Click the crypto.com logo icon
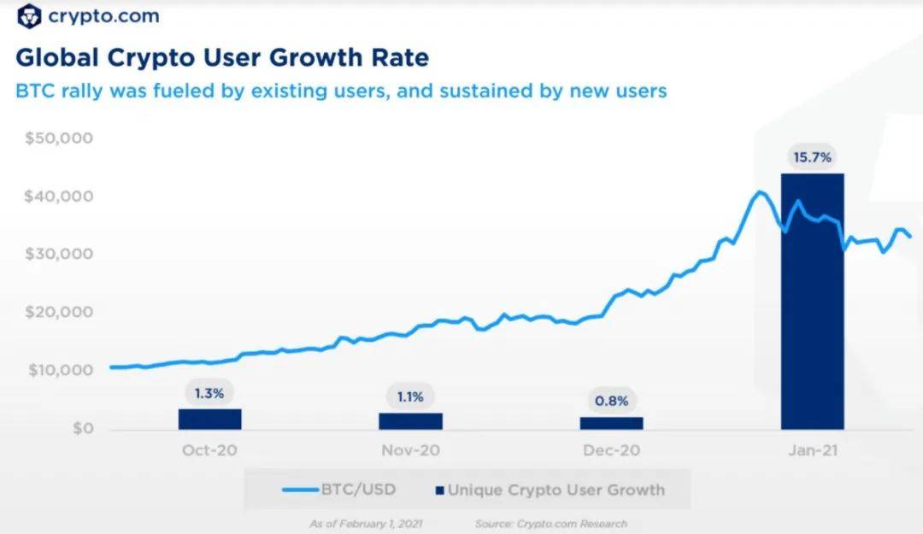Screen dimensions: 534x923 [x=29, y=16]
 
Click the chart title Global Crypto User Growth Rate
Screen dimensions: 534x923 [x=222, y=58]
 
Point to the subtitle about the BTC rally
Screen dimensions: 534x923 [x=341, y=91]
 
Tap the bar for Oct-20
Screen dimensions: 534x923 [x=209, y=419]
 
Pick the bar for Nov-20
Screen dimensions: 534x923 [x=410, y=420]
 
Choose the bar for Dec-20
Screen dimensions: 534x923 [x=611, y=422]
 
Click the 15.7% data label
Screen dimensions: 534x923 [x=812, y=158]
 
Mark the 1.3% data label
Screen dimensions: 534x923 [x=209, y=394]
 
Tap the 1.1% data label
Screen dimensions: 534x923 [x=410, y=397]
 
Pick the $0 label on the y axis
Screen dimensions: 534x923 [x=80, y=429]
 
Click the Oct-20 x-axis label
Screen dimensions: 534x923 [x=209, y=450]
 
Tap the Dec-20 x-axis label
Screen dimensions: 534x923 [x=611, y=450]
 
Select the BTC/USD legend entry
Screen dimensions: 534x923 [x=339, y=490]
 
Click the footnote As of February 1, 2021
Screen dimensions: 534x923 [x=366, y=523]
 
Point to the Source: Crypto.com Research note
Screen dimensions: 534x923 [x=551, y=523]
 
